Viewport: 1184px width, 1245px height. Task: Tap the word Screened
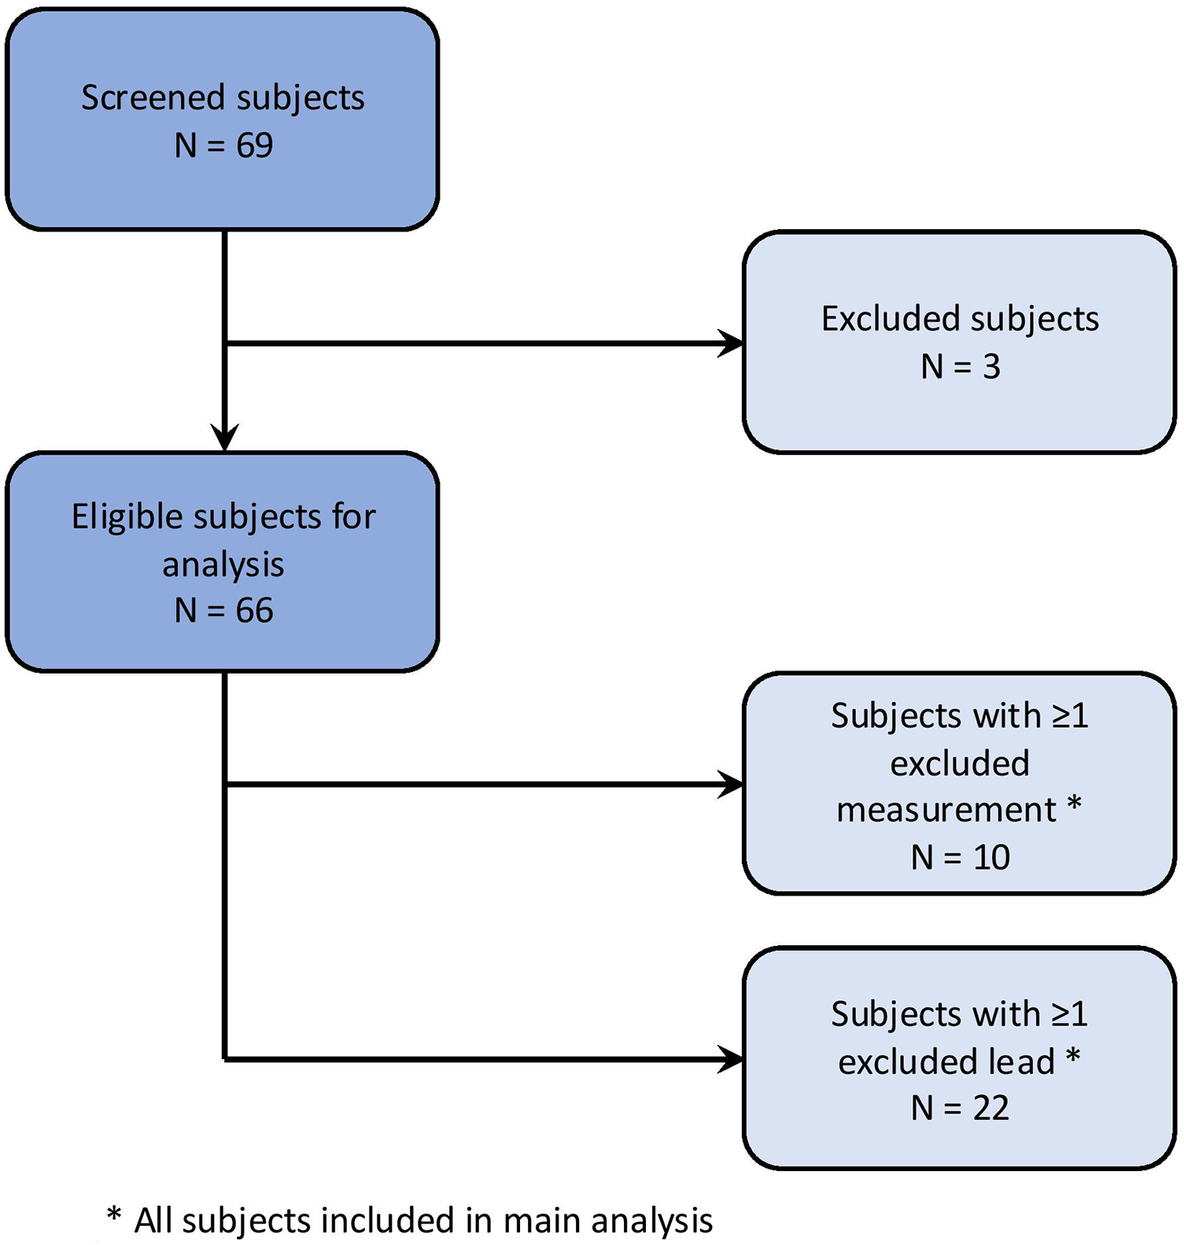click(153, 98)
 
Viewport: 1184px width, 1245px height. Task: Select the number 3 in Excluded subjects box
click(991, 367)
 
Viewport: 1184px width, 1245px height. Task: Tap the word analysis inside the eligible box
click(223, 565)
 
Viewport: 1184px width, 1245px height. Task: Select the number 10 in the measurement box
click(991, 858)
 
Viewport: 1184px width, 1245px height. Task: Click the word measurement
click(946, 811)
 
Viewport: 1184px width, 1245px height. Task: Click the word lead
click(1022, 1062)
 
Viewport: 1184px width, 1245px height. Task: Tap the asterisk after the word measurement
click(1074, 806)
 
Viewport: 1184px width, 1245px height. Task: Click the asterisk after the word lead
click(1073, 1058)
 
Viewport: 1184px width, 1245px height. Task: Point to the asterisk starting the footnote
click(114, 1217)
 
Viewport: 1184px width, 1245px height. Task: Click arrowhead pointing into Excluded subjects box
click(732, 344)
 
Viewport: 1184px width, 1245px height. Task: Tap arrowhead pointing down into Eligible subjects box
click(225, 437)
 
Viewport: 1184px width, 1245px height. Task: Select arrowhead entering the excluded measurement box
click(732, 785)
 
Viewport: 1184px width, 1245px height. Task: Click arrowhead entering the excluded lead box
click(732, 1059)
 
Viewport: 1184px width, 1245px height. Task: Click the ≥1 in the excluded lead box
click(1070, 1014)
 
